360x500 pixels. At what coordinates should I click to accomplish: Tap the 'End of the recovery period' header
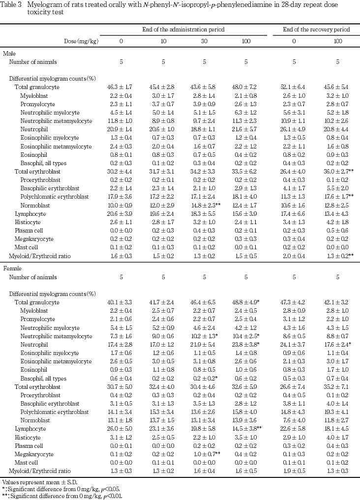[x=316, y=30]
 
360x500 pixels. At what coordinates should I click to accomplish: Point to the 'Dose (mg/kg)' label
[x=81, y=41]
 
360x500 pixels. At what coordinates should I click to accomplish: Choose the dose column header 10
[x=161, y=41]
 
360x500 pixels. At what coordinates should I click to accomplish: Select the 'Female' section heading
[x=12, y=269]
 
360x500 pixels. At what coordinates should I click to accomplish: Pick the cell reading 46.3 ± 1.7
[x=121, y=87]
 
